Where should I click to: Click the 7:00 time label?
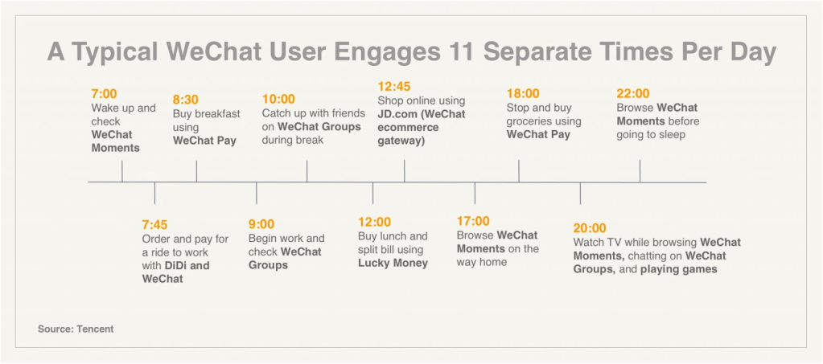tap(104, 94)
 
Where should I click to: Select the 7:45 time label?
tap(154, 225)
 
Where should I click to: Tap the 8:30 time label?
tap(186, 100)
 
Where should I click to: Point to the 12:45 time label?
tap(394, 87)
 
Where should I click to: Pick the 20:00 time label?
tap(590, 228)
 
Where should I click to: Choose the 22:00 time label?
tap(633, 94)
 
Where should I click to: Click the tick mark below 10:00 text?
tap(307, 171)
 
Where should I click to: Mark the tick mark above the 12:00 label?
tap(372, 193)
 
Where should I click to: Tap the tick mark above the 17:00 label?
tap(475, 193)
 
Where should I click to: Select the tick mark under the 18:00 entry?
tap(519, 171)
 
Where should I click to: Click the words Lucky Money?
tap(393, 264)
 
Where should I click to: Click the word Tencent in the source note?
tap(95, 329)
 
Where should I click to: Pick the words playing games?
tap(679, 270)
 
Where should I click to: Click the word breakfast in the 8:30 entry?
tap(220, 114)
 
